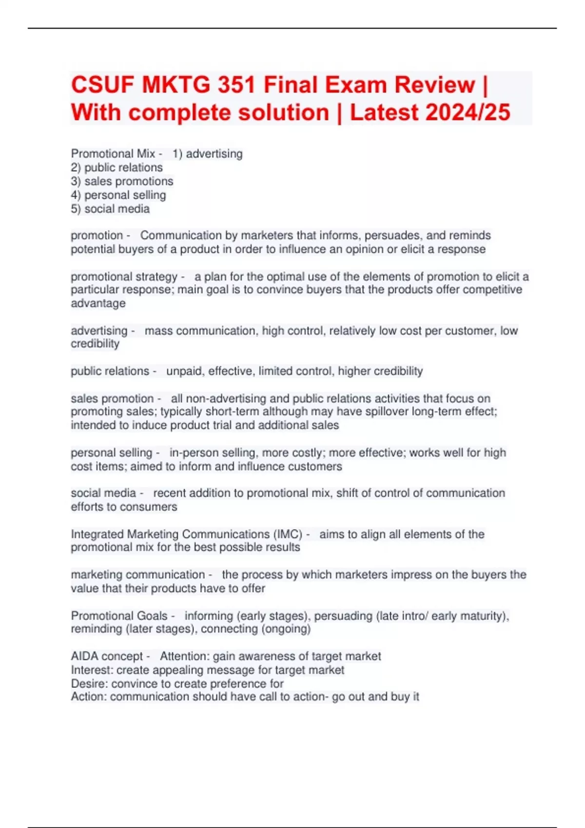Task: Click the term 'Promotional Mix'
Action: [113, 154]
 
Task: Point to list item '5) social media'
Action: [110, 209]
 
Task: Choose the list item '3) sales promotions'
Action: [122, 181]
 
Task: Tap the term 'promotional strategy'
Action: [124, 277]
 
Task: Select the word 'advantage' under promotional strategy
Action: [98, 303]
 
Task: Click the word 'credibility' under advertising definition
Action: [95, 344]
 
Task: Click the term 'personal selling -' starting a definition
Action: [115, 453]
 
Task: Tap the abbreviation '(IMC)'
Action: [289, 534]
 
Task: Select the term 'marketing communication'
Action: [137, 575]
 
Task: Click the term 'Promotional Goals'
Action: [119, 616]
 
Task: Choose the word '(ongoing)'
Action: [286, 629]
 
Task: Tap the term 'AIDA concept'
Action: [107, 657]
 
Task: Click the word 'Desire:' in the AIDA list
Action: [90, 684]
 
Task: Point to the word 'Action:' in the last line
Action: [89, 697]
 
